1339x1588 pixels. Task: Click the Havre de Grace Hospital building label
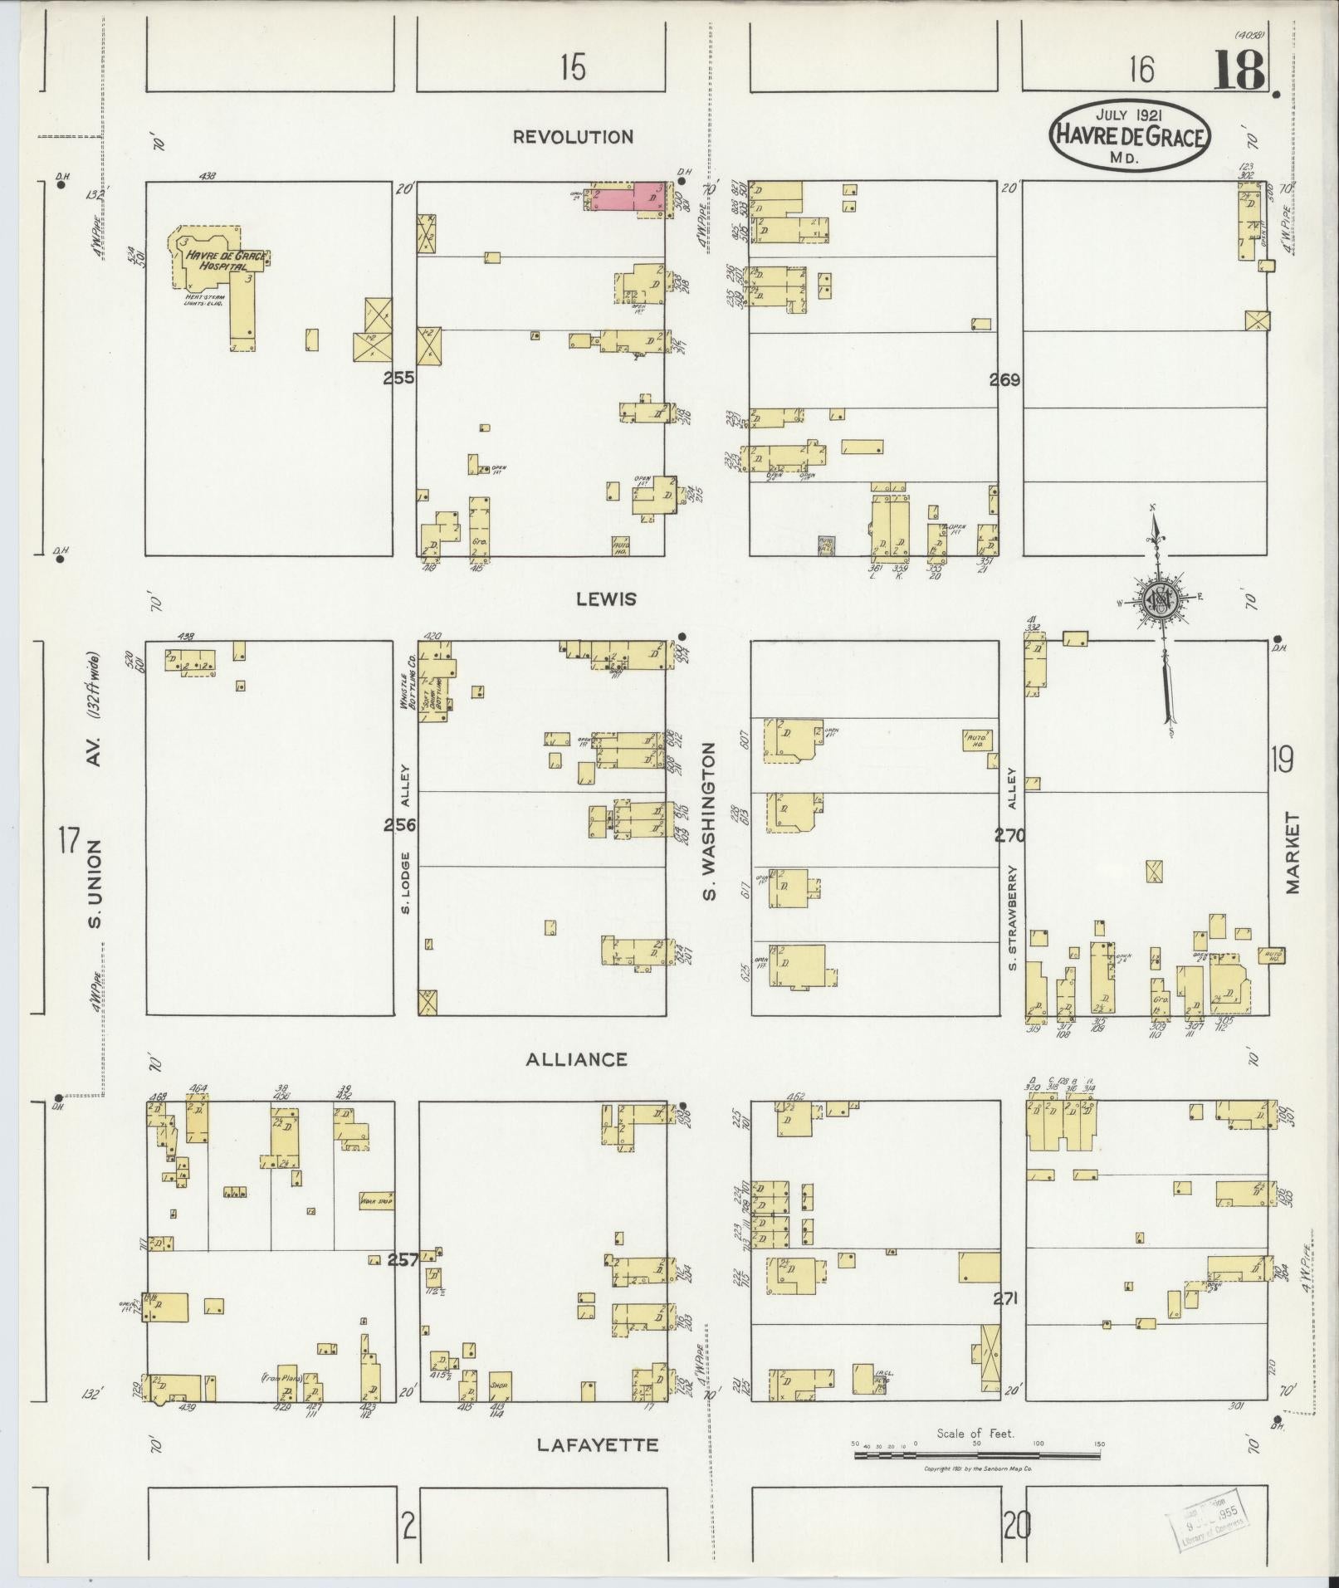226,261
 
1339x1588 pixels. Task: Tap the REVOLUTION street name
573,137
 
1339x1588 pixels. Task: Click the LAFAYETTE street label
598,1445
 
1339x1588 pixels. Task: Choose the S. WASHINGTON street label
708,822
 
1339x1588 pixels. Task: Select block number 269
1004,381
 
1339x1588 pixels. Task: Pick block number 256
399,825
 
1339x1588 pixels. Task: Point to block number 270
1009,836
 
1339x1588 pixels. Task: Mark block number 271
1004,1298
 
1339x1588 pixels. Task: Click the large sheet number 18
1240,70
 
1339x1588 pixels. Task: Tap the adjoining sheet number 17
69,840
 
